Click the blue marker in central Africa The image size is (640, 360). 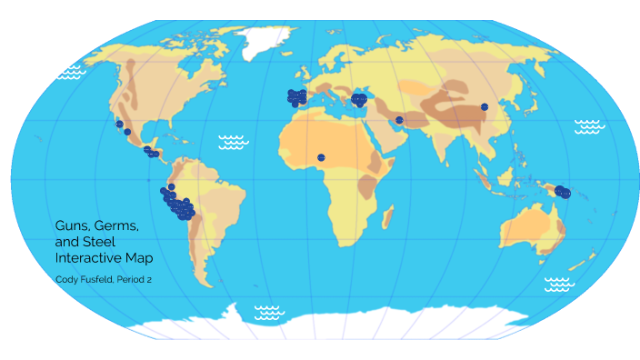(321, 157)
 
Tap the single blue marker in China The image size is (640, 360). (485, 107)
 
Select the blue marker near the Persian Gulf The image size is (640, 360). (399, 120)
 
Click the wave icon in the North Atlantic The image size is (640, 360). (234, 141)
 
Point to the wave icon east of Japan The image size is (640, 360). (589, 126)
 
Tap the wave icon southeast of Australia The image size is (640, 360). (558, 284)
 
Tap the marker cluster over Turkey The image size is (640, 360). (359, 98)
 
